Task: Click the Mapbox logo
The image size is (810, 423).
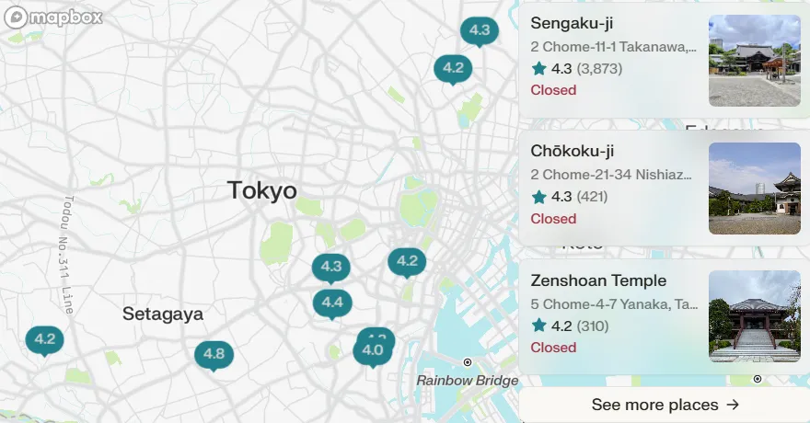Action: pos(52,17)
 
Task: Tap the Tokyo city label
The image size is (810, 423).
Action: pos(262,190)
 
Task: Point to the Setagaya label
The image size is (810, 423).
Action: pos(163,314)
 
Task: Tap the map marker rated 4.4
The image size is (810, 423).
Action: pos(332,302)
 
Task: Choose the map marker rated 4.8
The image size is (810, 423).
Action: pos(214,354)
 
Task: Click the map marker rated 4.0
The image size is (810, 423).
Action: pos(372,350)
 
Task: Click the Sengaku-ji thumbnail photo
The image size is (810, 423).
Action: pos(754,61)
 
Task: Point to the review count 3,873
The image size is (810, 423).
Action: pos(599,68)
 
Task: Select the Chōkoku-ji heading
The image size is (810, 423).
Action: pos(572,151)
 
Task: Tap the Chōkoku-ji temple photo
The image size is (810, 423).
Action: pos(754,189)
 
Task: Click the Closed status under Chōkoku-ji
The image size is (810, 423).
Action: pos(553,219)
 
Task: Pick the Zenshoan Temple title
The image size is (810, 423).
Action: pos(598,280)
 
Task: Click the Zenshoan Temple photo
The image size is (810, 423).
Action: pos(754,316)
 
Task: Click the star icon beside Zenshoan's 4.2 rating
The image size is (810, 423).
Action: pos(539,326)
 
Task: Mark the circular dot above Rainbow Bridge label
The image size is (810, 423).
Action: pos(468,362)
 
